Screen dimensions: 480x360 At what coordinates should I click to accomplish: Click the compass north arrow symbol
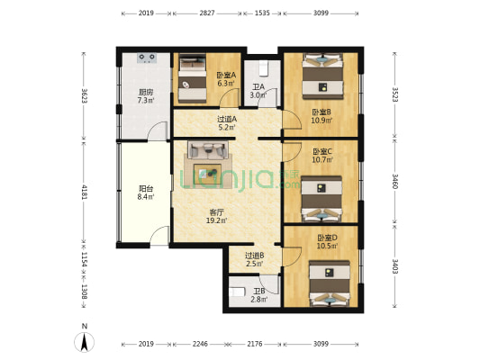[84, 341]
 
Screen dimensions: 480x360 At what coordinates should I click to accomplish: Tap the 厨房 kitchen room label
[146, 92]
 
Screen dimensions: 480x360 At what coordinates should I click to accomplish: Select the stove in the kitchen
[147, 58]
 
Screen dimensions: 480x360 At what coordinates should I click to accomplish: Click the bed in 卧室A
[192, 78]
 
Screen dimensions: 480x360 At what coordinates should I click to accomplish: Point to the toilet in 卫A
[264, 68]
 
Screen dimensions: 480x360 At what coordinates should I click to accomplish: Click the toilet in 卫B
[237, 292]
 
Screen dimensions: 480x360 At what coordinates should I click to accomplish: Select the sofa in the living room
[208, 150]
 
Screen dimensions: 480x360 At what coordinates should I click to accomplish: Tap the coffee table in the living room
[207, 174]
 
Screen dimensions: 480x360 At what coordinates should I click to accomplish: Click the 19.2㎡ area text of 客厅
[216, 220]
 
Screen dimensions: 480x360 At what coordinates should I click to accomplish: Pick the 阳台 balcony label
[146, 189]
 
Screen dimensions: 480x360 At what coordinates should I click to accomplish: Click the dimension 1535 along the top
[262, 13]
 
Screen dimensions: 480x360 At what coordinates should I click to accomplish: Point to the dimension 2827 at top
[207, 13]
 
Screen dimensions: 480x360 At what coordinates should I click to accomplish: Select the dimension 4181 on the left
[84, 192]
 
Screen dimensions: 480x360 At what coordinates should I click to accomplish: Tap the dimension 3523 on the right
[395, 94]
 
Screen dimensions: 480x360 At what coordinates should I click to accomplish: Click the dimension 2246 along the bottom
[200, 344]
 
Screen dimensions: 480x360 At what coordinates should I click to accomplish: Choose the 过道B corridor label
[255, 255]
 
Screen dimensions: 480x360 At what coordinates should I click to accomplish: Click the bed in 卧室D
[330, 283]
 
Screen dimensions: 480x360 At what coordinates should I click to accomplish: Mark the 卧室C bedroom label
[322, 152]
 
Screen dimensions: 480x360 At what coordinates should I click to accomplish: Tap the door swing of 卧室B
[292, 120]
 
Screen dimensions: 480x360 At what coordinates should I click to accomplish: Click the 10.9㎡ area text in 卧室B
[322, 121]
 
